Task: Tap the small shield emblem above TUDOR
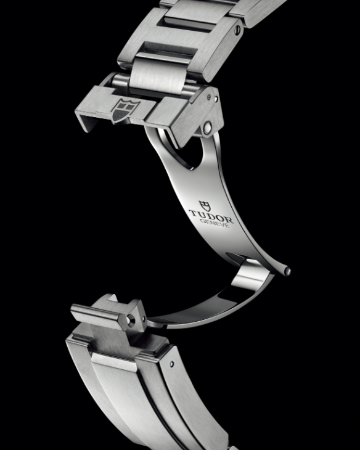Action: click(205, 205)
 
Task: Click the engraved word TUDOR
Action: click(211, 216)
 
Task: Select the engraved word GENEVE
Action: click(215, 223)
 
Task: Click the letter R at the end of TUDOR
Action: click(229, 220)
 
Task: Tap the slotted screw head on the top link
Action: click(237, 29)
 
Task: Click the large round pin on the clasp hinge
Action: click(207, 126)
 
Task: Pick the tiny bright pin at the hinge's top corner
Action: click(216, 99)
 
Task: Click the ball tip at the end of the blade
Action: click(287, 271)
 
